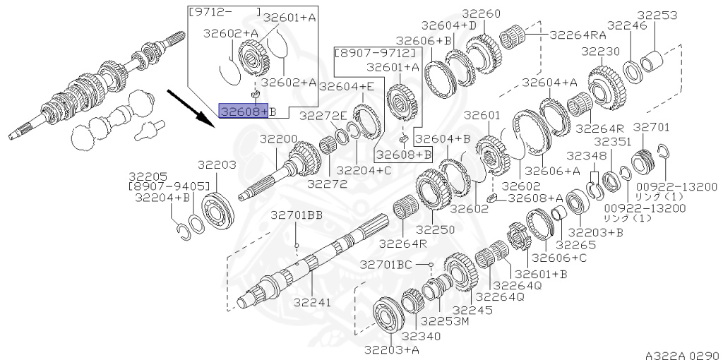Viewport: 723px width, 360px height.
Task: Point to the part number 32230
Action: (600, 52)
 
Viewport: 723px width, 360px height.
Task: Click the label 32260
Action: (482, 13)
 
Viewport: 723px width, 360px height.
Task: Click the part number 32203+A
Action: (392, 349)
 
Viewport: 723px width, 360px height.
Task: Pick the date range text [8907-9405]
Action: (169, 186)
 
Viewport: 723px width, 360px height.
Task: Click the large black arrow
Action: (190, 107)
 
